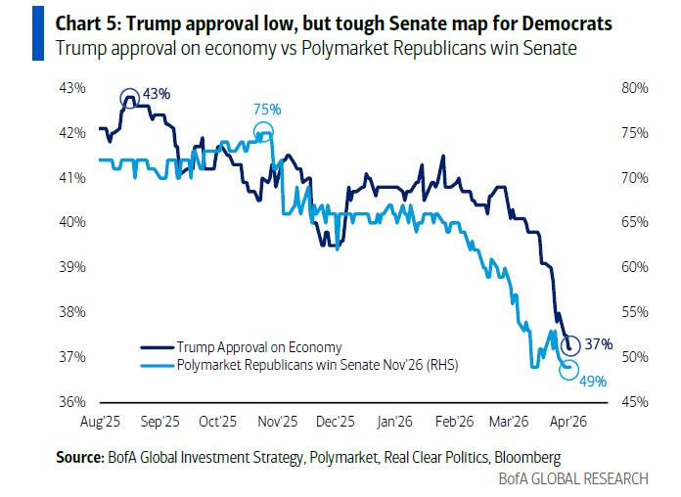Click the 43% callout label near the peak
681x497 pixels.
pyautogui.click(x=157, y=94)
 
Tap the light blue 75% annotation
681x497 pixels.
pyautogui.click(x=267, y=109)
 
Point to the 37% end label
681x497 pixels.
pyautogui.click(x=599, y=344)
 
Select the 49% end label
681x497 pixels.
pyautogui.click(x=593, y=382)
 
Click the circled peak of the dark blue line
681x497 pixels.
pyautogui.click(x=129, y=98)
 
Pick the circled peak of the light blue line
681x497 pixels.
pyautogui.click(x=263, y=131)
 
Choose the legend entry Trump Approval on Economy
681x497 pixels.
pyautogui.click(x=242, y=347)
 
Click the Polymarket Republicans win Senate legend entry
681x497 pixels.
pyautogui.click(x=299, y=365)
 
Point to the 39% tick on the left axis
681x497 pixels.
pyautogui.click(x=72, y=267)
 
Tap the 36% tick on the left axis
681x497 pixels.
pyautogui.click(x=72, y=402)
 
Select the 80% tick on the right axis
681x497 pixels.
pyautogui.click(x=635, y=88)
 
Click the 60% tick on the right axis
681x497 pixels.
pyautogui.click(x=635, y=267)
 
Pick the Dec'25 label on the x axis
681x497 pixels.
pyautogui.click(x=336, y=422)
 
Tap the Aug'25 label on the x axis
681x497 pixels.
pyautogui.click(x=100, y=422)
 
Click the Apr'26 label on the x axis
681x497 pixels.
pyautogui.click(x=568, y=422)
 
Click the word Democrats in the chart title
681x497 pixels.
pyautogui.click(x=567, y=23)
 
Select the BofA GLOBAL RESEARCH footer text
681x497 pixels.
pyautogui.click(x=573, y=478)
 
